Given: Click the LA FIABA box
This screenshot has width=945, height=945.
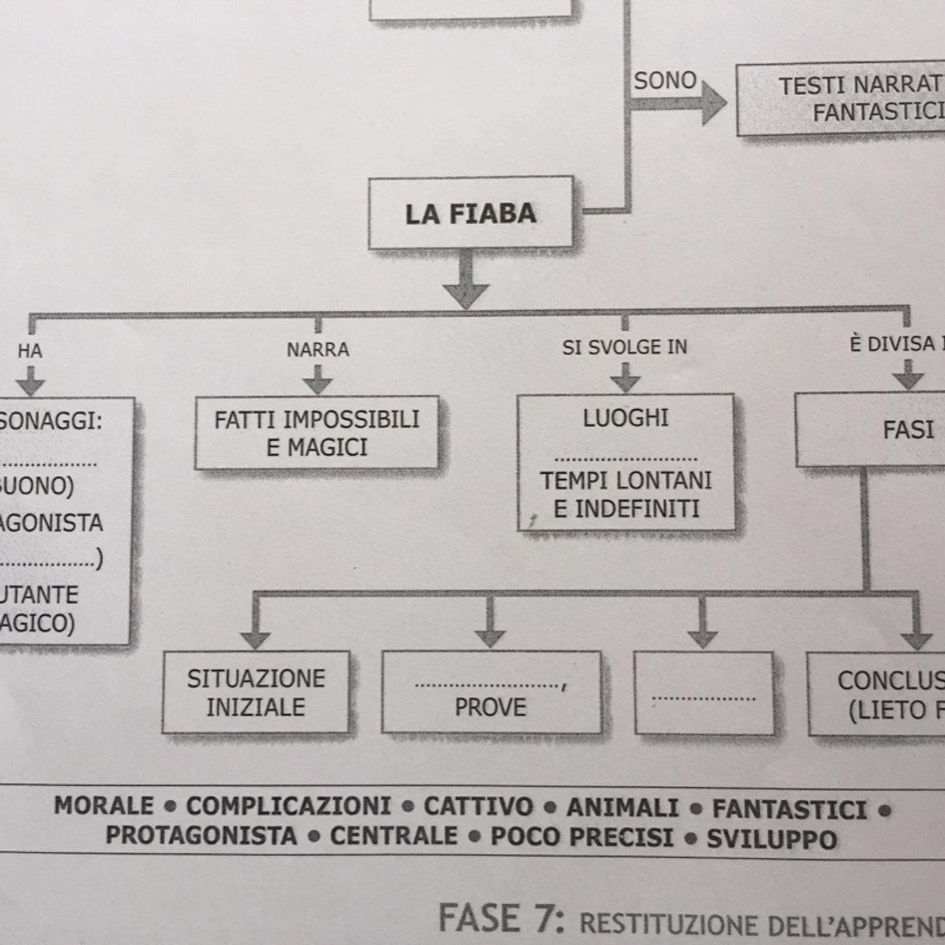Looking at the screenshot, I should pyautogui.click(x=470, y=213).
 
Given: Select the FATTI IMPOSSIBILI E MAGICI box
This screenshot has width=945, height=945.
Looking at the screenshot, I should pyautogui.click(x=317, y=433).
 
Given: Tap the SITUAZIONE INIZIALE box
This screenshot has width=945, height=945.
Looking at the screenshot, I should pyautogui.click(x=256, y=693).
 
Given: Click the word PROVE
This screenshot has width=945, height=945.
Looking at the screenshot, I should pyautogui.click(x=490, y=707).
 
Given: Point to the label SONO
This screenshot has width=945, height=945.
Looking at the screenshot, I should pyautogui.click(x=664, y=80).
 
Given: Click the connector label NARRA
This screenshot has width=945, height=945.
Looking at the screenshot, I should pyautogui.click(x=318, y=350).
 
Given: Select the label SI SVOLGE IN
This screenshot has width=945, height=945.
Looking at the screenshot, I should pyautogui.click(x=624, y=347).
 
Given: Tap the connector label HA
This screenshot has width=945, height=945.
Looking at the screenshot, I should pyautogui.click(x=30, y=351).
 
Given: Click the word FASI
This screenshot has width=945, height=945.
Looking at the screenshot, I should pyautogui.click(x=908, y=430).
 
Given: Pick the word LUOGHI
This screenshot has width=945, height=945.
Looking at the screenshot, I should pyautogui.click(x=626, y=418).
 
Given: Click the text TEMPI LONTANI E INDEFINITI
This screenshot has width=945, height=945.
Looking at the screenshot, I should pyautogui.click(x=626, y=494).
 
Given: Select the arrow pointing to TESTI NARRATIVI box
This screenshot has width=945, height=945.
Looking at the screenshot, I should pyautogui.click(x=682, y=103).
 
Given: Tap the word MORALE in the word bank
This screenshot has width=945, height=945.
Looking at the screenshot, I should pyautogui.click(x=104, y=805).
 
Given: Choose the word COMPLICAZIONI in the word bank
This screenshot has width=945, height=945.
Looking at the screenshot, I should pyautogui.click(x=288, y=806).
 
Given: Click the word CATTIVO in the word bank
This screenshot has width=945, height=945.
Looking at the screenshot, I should pyautogui.click(x=478, y=807).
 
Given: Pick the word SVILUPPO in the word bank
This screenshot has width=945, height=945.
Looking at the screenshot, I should pyautogui.click(x=772, y=839).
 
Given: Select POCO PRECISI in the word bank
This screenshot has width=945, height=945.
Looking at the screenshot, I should pyautogui.click(x=581, y=837).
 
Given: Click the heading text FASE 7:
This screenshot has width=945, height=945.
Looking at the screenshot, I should pyautogui.click(x=501, y=919).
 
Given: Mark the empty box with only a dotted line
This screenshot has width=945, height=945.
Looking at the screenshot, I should pyautogui.click(x=703, y=693).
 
